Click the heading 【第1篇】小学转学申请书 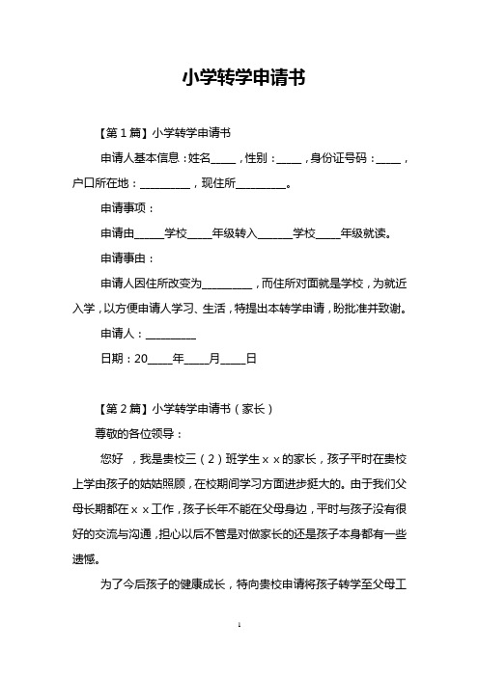pyautogui.click(x=160, y=131)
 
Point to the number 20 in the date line pyautogui.click(x=140, y=361)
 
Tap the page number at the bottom pyautogui.click(x=239, y=653)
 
